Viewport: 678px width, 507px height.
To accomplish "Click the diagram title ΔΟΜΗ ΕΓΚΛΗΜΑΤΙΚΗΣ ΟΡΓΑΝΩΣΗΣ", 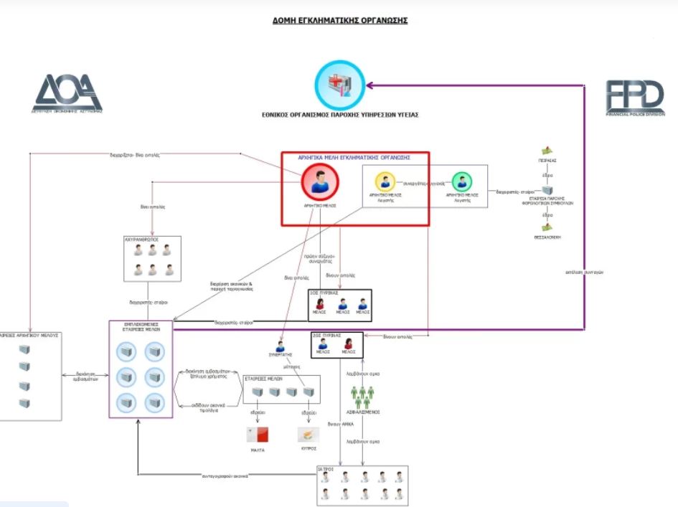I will click(x=340, y=21).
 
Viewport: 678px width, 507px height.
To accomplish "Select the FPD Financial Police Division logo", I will click(x=634, y=98).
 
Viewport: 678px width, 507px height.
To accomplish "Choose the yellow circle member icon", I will click(x=385, y=181).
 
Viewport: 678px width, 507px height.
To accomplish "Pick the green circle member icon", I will click(x=462, y=181).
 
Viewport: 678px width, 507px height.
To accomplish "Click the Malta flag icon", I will click(x=257, y=435).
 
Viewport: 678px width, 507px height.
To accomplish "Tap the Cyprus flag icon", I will click(x=308, y=435).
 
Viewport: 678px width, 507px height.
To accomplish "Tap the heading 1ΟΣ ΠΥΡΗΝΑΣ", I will click(x=324, y=293).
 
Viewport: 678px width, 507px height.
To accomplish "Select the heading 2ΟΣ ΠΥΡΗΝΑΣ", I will click(x=326, y=335).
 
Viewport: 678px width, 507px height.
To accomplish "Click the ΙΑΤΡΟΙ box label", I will click(x=327, y=469).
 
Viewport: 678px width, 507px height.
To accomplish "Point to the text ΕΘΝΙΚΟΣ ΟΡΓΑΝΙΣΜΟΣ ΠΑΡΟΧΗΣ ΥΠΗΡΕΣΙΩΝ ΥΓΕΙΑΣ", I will click(x=340, y=114).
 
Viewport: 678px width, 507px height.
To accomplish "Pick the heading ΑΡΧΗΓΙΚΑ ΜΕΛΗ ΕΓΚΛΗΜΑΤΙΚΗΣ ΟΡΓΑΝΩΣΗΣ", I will click(x=354, y=156).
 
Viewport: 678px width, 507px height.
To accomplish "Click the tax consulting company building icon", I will click(x=547, y=191).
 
